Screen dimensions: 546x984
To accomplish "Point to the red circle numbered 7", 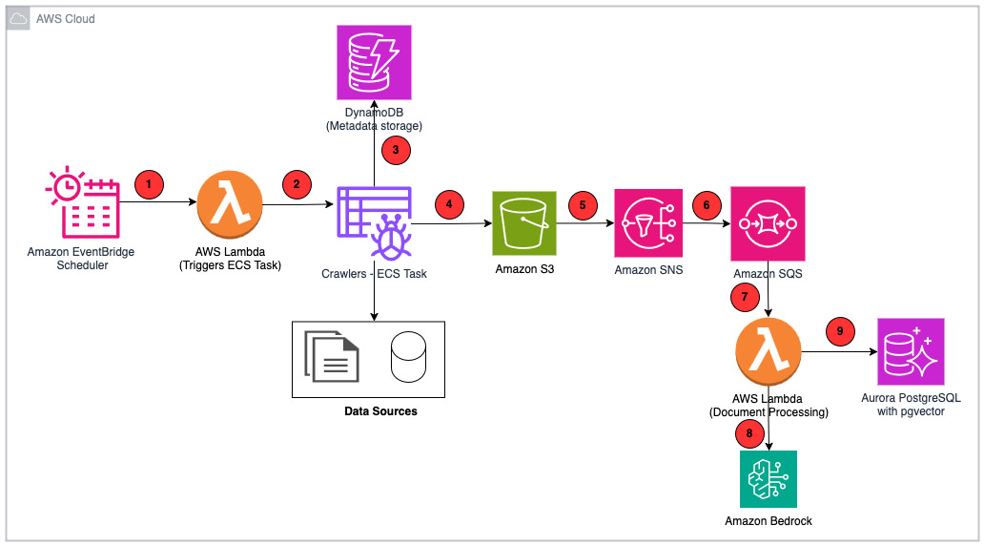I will point(746,296).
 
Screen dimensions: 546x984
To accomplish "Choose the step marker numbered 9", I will point(840,332).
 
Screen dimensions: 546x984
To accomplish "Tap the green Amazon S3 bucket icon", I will point(523,223).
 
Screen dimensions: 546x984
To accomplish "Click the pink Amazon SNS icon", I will point(647,223).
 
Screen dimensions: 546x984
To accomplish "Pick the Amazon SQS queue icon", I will point(769,223).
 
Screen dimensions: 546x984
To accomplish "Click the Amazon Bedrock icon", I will point(769,478).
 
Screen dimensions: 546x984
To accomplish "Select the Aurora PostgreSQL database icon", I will point(912,351).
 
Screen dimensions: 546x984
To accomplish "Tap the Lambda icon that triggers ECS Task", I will point(230,204).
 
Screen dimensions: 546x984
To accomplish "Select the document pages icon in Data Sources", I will point(331,355).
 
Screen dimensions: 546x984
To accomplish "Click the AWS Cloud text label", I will point(65,19).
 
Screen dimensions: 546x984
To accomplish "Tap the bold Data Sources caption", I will point(380,411).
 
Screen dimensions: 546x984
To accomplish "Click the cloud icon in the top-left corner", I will point(19,19).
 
